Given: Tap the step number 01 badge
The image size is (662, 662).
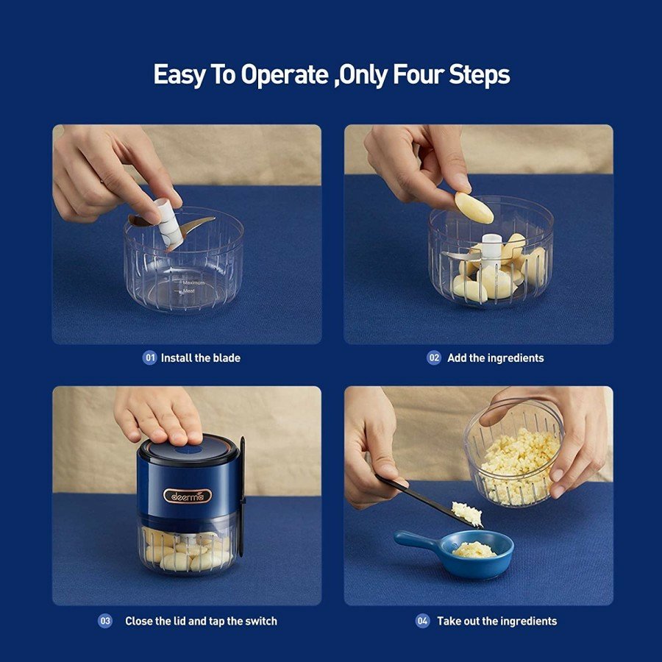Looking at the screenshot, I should point(149,358).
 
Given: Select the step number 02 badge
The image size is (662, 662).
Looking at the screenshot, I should point(434,358).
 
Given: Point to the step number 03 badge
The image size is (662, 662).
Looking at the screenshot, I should point(105,621).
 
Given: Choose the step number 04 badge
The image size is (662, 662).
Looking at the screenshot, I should point(422,621).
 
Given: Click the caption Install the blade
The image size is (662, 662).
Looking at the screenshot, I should point(201,358).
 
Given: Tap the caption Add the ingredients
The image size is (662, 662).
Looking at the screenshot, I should point(496,358).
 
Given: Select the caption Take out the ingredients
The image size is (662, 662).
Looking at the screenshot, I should point(497,621).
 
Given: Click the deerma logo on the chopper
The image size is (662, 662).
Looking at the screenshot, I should point(187,495).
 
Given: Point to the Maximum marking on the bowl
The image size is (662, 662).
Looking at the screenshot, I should point(193,282).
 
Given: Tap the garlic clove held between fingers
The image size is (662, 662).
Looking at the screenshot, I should point(474,208).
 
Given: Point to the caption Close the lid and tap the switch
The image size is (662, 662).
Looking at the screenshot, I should point(201,621).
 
